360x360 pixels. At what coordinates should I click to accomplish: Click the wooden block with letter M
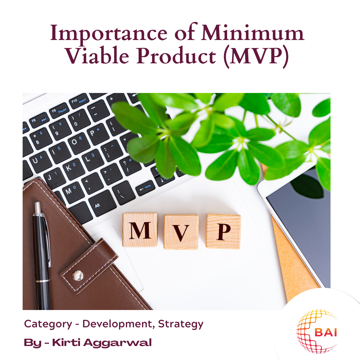point(140,230)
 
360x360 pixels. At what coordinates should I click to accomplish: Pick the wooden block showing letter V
point(181,232)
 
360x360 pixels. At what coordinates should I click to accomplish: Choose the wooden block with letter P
point(223,231)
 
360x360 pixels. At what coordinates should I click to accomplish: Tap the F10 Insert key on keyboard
point(75,101)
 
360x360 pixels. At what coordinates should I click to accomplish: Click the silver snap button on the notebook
point(78,275)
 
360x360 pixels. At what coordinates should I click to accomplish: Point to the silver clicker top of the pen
point(38,208)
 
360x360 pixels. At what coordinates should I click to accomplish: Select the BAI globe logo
point(317,332)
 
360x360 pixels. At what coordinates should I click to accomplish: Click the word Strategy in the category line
point(181,324)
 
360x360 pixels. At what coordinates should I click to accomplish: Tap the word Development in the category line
point(118,324)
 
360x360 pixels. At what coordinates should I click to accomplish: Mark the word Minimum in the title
point(253,34)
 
